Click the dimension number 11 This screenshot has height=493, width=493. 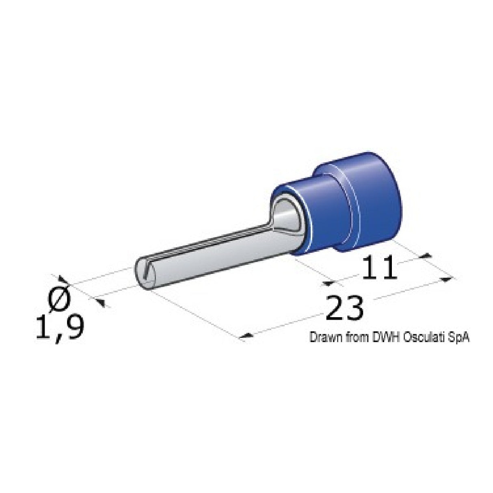379,267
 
